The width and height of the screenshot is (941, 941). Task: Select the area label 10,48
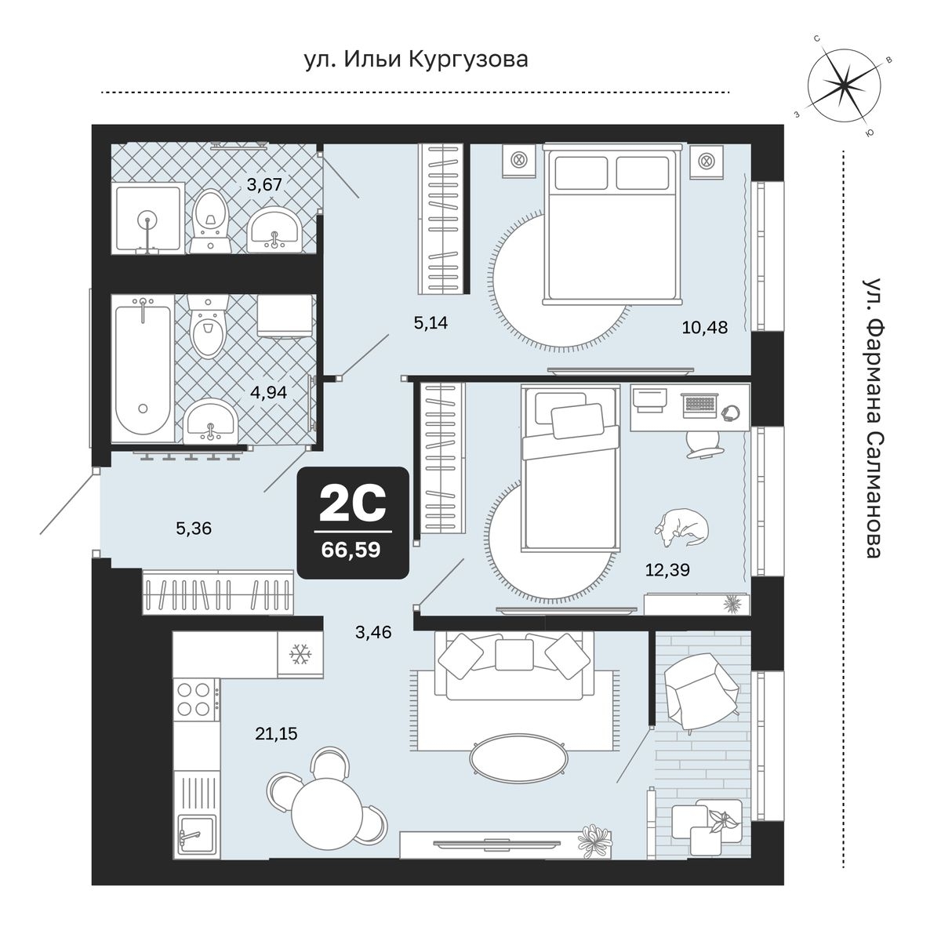(705, 327)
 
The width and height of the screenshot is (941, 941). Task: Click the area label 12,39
(667, 569)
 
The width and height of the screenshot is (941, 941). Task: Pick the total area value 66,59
(351, 550)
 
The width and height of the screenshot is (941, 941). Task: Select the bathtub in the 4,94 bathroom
(143, 368)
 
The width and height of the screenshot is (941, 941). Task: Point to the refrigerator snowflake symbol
(300, 654)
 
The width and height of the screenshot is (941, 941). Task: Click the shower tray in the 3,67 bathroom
(148, 218)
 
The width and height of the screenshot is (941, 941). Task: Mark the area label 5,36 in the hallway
(194, 528)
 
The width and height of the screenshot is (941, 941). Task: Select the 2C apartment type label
(353, 504)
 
